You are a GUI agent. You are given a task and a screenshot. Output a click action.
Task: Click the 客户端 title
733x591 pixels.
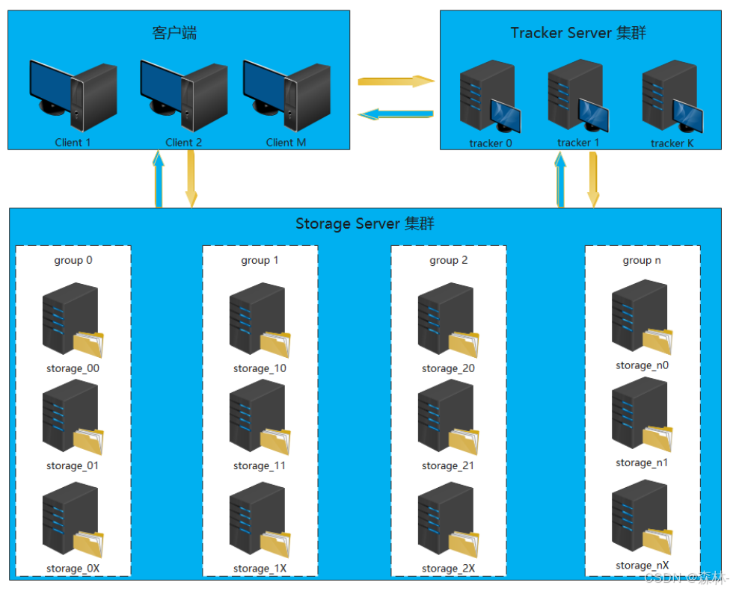point(174,33)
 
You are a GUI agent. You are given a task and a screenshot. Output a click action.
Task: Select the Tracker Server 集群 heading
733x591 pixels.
point(578,33)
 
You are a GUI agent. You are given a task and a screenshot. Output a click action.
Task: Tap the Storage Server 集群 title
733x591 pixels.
point(365,223)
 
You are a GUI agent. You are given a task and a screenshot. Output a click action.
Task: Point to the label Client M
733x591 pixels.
point(286,142)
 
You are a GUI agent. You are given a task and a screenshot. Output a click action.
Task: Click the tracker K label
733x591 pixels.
point(672,143)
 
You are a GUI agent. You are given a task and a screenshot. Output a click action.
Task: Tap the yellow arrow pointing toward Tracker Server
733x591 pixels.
point(396,81)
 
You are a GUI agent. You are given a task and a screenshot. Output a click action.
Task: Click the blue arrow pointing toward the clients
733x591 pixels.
point(396,114)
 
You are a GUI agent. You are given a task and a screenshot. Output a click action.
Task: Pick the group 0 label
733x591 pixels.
point(73,260)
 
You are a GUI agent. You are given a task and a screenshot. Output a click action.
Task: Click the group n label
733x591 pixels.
point(642,260)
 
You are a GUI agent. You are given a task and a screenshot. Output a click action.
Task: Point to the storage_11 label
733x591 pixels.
point(260,465)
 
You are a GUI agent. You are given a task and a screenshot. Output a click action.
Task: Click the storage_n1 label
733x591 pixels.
point(642,462)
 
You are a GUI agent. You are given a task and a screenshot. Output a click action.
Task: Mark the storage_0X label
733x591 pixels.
point(73,569)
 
